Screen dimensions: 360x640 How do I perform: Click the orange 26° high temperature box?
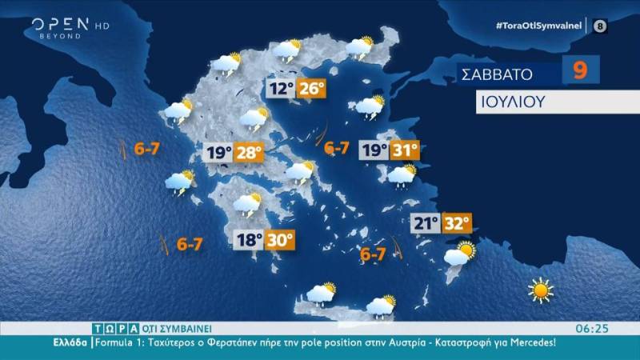[313, 88]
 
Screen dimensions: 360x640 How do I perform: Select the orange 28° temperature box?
[250, 152]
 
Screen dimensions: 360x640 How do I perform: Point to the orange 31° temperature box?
[403, 151]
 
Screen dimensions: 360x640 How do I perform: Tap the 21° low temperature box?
[425, 223]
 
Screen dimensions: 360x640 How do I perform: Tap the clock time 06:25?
[593, 328]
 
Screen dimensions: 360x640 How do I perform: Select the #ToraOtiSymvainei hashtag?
[541, 26]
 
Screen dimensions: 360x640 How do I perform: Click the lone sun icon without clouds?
[541, 290]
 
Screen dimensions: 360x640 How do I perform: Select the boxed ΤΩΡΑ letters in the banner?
[110, 328]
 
